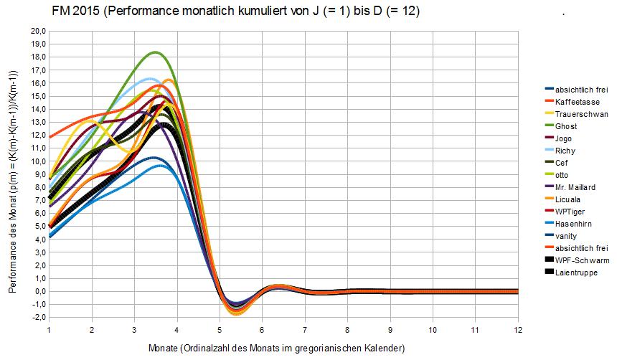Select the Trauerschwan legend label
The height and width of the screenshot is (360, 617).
click(x=582, y=114)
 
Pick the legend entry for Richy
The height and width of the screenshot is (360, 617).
click(x=565, y=151)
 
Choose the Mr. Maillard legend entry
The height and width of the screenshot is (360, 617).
click(x=576, y=187)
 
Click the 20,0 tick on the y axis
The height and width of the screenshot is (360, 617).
click(x=37, y=32)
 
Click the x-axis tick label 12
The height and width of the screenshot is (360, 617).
click(x=517, y=329)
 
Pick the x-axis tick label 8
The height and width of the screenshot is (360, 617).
click(x=347, y=329)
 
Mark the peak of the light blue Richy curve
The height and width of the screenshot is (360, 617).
click(x=151, y=79)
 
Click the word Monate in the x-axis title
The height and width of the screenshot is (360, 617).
click(x=166, y=348)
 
